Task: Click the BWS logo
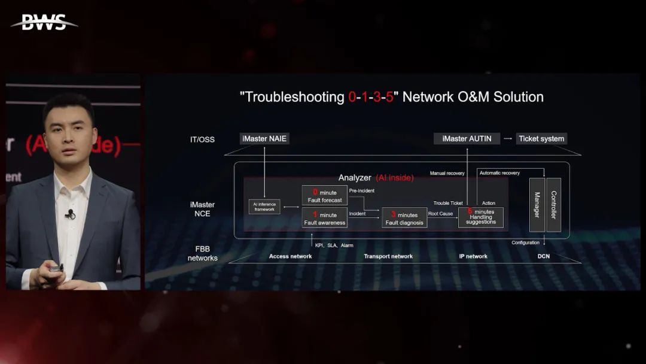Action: click(x=44, y=23)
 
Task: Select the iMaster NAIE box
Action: click(x=264, y=138)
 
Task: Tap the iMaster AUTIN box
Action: click(x=467, y=138)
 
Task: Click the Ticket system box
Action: click(x=541, y=138)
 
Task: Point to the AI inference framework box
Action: click(x=264, y=207)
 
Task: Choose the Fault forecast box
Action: click(x=324, y=196)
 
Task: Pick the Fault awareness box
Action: click(x=324, y=218)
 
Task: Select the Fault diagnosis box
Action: click(x=404, y=218)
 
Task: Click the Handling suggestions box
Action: click(x=480, y=217)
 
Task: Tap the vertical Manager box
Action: click(x=537, y=205)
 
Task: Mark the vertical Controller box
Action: click(x=553, y=205)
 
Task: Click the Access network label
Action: click(x=290, y=256)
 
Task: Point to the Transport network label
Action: click(x=388, y=256)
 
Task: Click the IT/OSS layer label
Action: click(x=202, y=139)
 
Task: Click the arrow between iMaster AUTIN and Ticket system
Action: click(x=507, y=138)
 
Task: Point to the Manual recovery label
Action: click(x=447, y=173)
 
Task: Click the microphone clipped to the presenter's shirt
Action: click(x=71, y=214)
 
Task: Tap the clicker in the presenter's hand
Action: click(x=56, y=268)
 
